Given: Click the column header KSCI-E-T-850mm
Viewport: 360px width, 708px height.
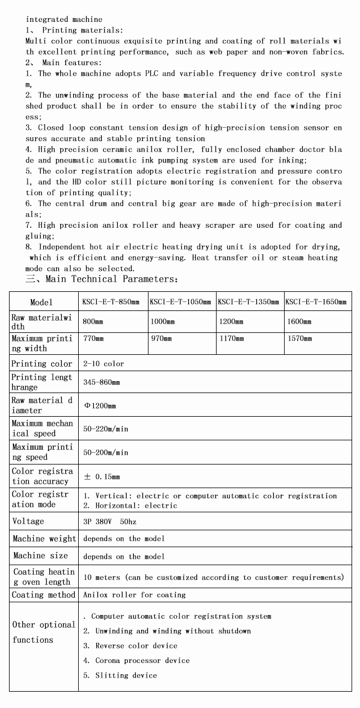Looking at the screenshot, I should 111,302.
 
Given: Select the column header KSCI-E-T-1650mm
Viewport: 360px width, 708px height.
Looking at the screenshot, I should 316,302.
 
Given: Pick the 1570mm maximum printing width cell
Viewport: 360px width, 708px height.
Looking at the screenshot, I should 299,339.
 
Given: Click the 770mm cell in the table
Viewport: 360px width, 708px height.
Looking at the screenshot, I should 94,339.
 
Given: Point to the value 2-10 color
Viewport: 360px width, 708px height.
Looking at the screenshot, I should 103,364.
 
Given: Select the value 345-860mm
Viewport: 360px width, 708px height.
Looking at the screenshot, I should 102,382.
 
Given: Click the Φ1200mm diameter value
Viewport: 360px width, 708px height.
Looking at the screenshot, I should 100,406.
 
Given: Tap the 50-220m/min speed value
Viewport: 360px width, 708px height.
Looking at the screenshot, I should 106,429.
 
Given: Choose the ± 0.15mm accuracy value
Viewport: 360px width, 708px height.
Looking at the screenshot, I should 102,477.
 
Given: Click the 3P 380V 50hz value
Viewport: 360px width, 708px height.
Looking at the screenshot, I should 110,522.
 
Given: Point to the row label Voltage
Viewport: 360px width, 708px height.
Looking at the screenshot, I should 28,521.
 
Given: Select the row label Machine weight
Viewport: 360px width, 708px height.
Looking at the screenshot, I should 44,539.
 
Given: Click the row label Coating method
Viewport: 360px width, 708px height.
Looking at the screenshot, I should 44,595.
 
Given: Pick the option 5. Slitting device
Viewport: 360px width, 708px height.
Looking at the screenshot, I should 120,675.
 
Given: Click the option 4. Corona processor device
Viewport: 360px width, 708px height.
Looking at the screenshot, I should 137,661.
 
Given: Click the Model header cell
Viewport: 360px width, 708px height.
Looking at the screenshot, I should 42,303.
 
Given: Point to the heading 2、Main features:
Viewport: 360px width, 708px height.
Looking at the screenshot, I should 64,62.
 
